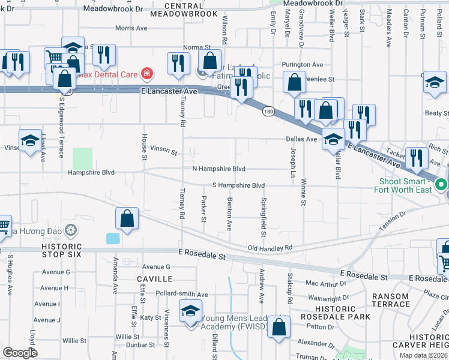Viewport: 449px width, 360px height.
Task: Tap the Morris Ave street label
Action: (131, 28)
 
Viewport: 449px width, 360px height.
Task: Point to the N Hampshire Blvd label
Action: (219, 169)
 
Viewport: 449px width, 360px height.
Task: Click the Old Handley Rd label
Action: (270, 248)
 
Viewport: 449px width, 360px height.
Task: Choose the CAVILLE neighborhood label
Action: (154, 279)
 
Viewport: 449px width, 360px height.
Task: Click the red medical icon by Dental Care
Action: (146, 74)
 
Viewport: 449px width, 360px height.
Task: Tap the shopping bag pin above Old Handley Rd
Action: (127, 219)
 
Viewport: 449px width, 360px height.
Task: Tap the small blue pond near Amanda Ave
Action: (112, 238)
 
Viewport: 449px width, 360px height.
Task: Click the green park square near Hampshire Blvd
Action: (83, 158)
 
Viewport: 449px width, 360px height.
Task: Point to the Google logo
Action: (19, 353)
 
